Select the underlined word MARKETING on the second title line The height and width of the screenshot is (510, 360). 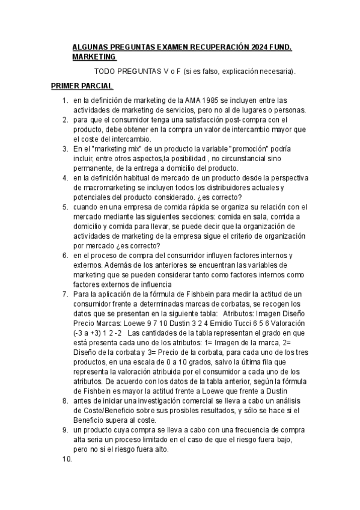point(94,57)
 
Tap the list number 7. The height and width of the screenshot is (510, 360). point(65,294)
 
